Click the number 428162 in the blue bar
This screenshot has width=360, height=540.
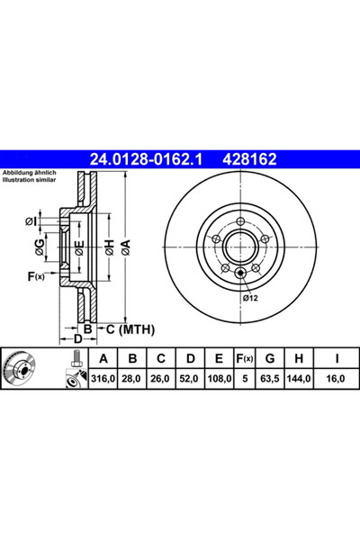tap(247, 159)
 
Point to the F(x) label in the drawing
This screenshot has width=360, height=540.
tap(36, 276)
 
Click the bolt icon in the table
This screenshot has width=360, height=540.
tap(72, 371)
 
